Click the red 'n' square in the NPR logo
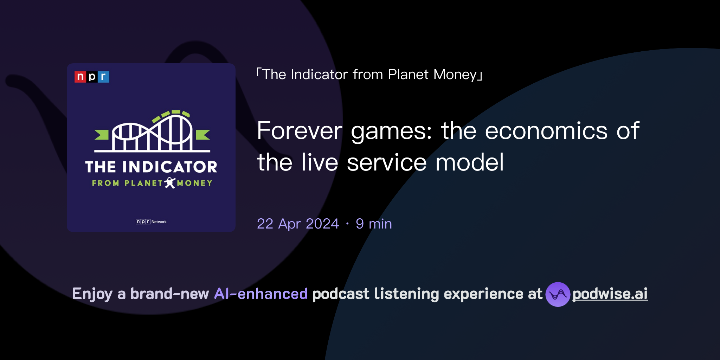tap(80, 77)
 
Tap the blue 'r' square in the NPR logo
tap(103, 77)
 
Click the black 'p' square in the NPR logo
tap(92, 77)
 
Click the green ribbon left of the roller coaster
tap(102, 135)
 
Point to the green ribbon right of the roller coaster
tap(202, 135)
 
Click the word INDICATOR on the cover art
tap(169, 167)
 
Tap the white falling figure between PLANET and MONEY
tap(170, 183)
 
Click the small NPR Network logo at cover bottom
tap(151, 221)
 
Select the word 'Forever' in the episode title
tap(299, 131)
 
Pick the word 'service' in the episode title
tap(387, 162)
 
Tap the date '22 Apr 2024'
tap(298, 224)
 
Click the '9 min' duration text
tap(374, 224)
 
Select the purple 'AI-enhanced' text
tap(261, 294)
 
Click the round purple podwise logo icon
tap(558, 294)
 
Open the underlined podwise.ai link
tap(610, 294)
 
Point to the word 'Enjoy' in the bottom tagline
tap(92, 294)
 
